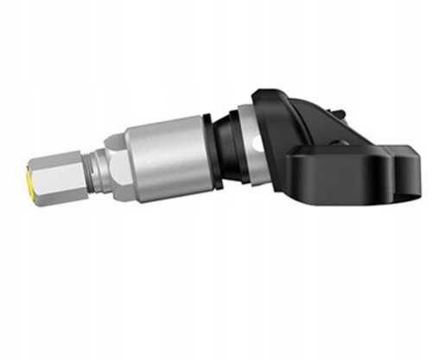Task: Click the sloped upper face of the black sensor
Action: (298, 117)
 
